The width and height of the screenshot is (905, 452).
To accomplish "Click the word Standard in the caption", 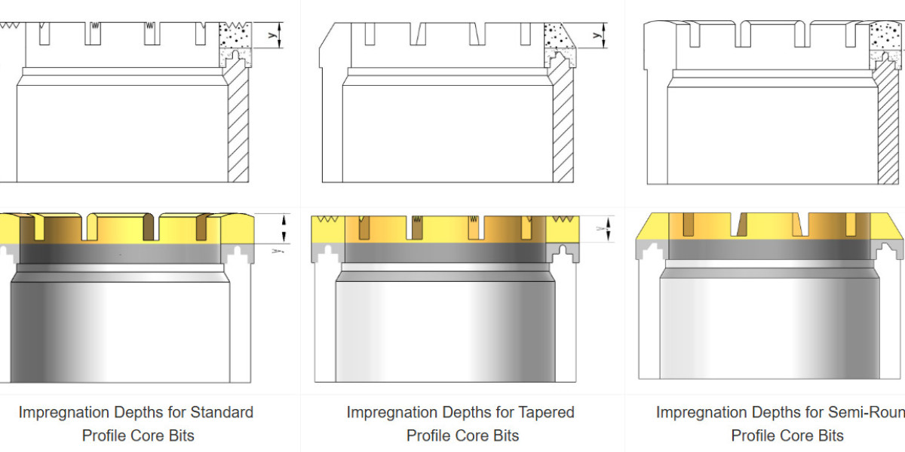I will pyautogui.click(x=222, y=412).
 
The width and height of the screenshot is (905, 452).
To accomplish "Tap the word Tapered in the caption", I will pyautogui.click(x=546, y=412).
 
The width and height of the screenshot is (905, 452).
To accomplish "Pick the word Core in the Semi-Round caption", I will pyautogui.click(x=798, y=435).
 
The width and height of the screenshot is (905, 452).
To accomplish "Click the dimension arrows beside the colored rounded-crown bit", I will pyautogui.click(x=284, y=226).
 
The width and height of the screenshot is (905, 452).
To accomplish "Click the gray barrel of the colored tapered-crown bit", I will pyautogui.click(x=445, y=324).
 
